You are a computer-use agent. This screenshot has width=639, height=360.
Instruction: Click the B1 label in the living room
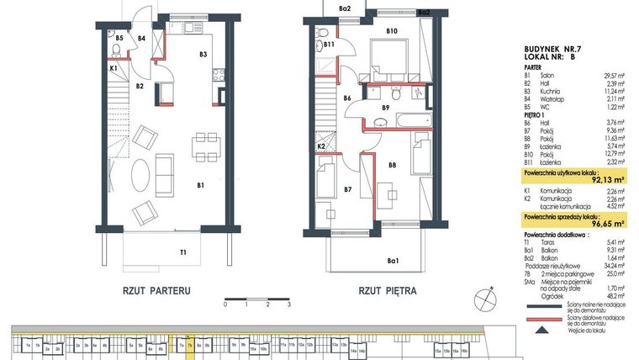[200, 185]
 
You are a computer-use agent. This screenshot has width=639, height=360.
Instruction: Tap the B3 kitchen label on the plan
[203, 55]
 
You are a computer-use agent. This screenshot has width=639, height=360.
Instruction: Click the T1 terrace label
[182, 251]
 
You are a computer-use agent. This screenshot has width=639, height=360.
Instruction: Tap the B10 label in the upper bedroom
[391, 31]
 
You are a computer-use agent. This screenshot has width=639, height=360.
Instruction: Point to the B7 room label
[346, 190]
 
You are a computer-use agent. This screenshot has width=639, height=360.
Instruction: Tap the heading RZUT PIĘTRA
[387, 292]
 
